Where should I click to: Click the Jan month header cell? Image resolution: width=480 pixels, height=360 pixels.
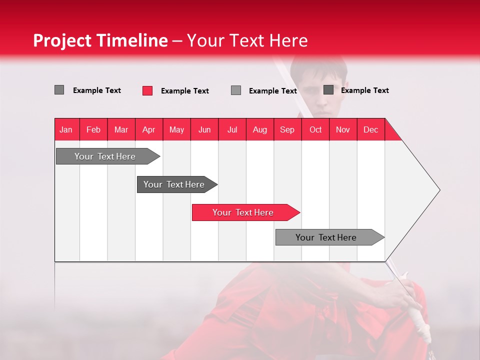(66, 129)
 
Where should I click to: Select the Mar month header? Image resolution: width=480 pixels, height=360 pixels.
(121, 129)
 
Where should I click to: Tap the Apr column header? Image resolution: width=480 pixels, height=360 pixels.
(149, 129)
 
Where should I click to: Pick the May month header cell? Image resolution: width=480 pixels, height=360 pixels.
(176, 129)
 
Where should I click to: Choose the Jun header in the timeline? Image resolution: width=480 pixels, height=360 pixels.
(204, 129)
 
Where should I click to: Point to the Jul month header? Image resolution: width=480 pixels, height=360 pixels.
(232, 129)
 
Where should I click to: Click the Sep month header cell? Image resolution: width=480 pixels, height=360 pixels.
(287, 129)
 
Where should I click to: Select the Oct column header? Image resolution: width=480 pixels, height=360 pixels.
(315, 129)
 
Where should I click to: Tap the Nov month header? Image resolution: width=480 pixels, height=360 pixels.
(343, 129)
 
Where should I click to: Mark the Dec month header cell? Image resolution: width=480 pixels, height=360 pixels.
(371, 129)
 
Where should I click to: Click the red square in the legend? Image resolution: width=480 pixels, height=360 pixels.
(147, 90)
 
